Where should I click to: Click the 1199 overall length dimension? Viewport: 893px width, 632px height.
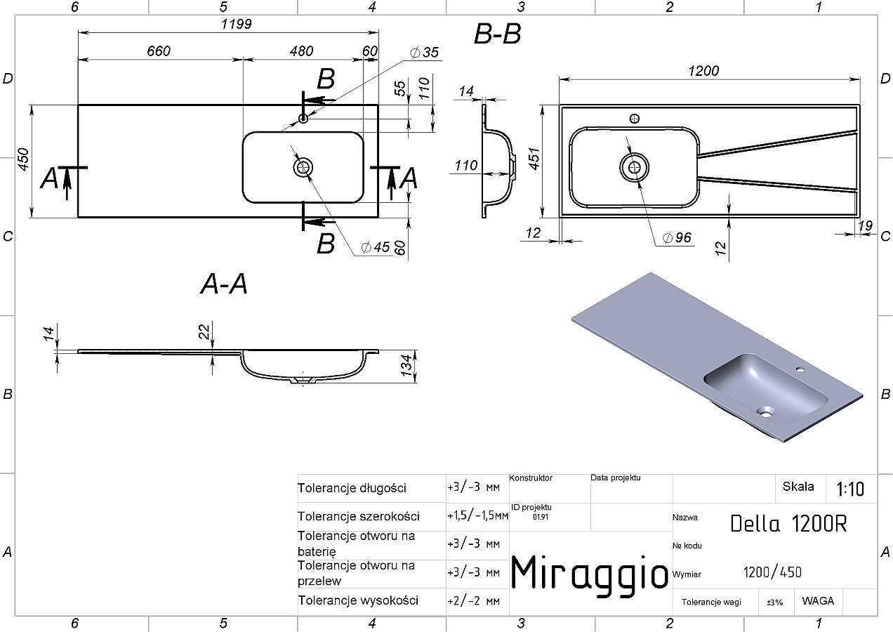click(x=236, y=24)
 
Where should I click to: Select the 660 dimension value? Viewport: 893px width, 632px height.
click(x=158, y=51)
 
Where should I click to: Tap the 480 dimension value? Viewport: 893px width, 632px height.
click(x=301, y=51)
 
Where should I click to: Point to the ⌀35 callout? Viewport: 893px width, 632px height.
click(x=424, y=52)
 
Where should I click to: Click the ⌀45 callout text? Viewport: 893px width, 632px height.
click(x=375, y=247)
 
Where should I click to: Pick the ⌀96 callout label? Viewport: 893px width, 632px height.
click(x=677, y=237)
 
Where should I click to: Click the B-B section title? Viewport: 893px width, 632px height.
click(x=497, y=34)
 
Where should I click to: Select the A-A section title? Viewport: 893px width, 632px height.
click(x=224, y=284)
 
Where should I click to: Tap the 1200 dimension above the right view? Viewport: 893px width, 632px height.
click(x=703, y=71)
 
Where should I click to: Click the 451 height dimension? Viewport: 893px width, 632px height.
click(x=534, y=159)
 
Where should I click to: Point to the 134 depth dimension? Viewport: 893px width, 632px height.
click(x=406, y=366)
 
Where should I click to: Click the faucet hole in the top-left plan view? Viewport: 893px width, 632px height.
click(x=303, y=118)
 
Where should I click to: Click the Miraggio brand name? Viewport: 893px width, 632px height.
click(x=589, y=573)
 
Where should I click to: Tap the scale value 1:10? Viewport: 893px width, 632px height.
click(x=850, y=489)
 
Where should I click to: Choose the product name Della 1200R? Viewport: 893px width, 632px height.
click(x=788, y=524)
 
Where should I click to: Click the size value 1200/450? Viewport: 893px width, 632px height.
click(x=772, y=572)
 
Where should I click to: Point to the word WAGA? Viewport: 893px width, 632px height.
click(x=818, y=601)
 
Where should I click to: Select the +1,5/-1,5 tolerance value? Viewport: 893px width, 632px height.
click(x=477, y=516)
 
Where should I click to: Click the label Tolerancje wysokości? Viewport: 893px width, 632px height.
click(x=358, y=600)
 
